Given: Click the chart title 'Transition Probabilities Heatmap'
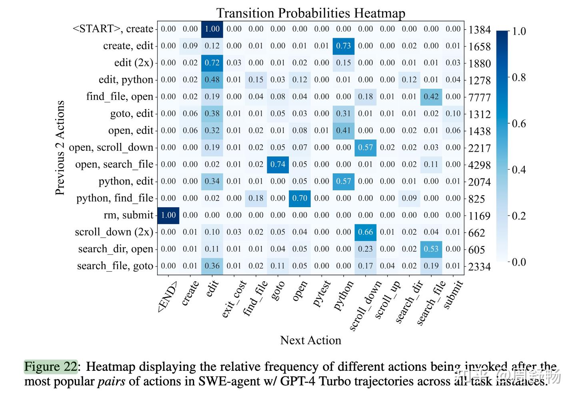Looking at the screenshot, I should [310, 13].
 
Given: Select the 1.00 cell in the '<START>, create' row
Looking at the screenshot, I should [212, 29].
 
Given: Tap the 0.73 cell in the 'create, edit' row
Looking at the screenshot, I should [343, 46].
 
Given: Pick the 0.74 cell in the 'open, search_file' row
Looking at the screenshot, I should [278, 164].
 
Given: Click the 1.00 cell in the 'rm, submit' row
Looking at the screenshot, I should [168, 215].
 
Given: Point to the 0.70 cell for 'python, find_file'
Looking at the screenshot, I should [300, 198].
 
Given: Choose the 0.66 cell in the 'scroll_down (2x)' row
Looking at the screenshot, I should [365, 232].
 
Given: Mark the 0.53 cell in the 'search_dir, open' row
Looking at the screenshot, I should [431, 249].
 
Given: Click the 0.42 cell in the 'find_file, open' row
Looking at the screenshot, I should [431, 96].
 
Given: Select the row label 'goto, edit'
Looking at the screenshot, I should [132, 114].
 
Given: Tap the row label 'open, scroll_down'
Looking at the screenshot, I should [111, 148].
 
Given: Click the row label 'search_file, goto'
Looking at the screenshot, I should [115, 266].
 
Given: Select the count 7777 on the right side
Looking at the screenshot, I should [479, 97].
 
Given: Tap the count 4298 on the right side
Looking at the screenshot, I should [479, 165].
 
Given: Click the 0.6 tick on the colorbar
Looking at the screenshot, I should [519, 124].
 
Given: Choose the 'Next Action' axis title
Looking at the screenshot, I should [310, 340].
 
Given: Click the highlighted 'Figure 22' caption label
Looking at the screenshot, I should [50, 366].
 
